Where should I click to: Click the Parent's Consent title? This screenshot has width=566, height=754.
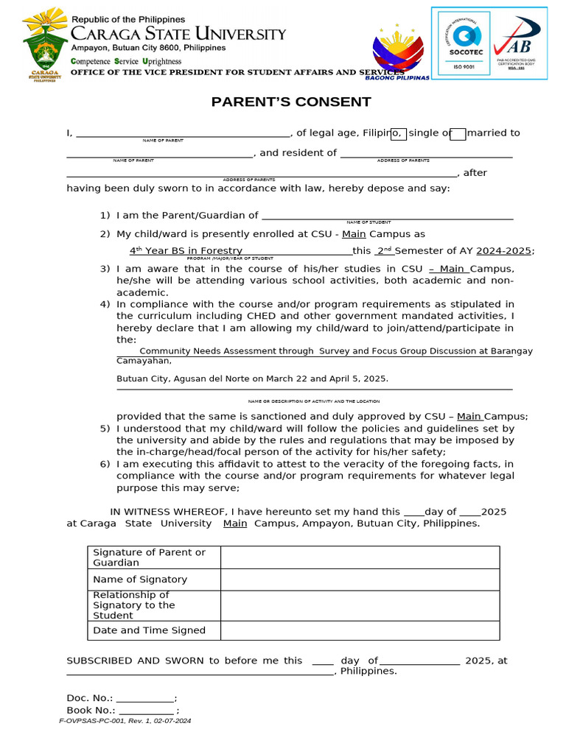point(291,102)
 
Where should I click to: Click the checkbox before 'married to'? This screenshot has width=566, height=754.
point(458,133)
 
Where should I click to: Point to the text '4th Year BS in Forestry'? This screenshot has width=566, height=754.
point(186,251)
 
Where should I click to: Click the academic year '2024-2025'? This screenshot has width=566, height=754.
point(503,251)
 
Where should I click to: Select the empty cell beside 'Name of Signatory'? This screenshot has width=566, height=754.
point(360,579)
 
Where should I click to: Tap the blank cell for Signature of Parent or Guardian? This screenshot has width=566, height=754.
point(360,557)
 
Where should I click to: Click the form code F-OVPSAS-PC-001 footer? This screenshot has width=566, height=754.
point(125,722)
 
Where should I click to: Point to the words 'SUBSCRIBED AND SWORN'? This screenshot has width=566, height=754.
point(137,660)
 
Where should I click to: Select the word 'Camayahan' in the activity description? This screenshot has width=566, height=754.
point(144,361)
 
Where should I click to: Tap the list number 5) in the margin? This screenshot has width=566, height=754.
point(105,429)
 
